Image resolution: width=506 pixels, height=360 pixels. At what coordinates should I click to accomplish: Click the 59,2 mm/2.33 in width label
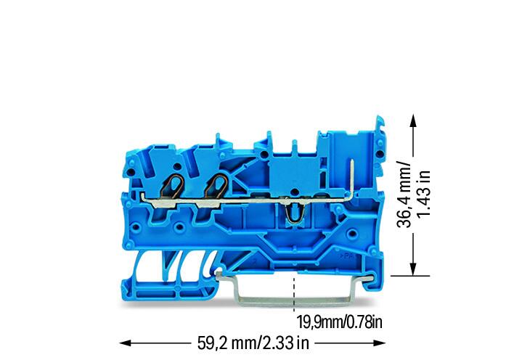pyautogui.click(x=253, y=343)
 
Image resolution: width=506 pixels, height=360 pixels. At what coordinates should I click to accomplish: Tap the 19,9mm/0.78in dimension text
pyautogui.click(x=340, y=322)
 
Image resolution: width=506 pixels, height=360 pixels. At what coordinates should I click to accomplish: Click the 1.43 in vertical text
pyautogui.click(x=423, y=193)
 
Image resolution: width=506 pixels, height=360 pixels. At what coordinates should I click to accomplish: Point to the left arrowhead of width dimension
pyautogui.click(x=125, y=343)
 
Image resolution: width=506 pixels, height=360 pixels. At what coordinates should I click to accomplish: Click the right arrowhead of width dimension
pyautogui.click(x=380, y=343)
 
